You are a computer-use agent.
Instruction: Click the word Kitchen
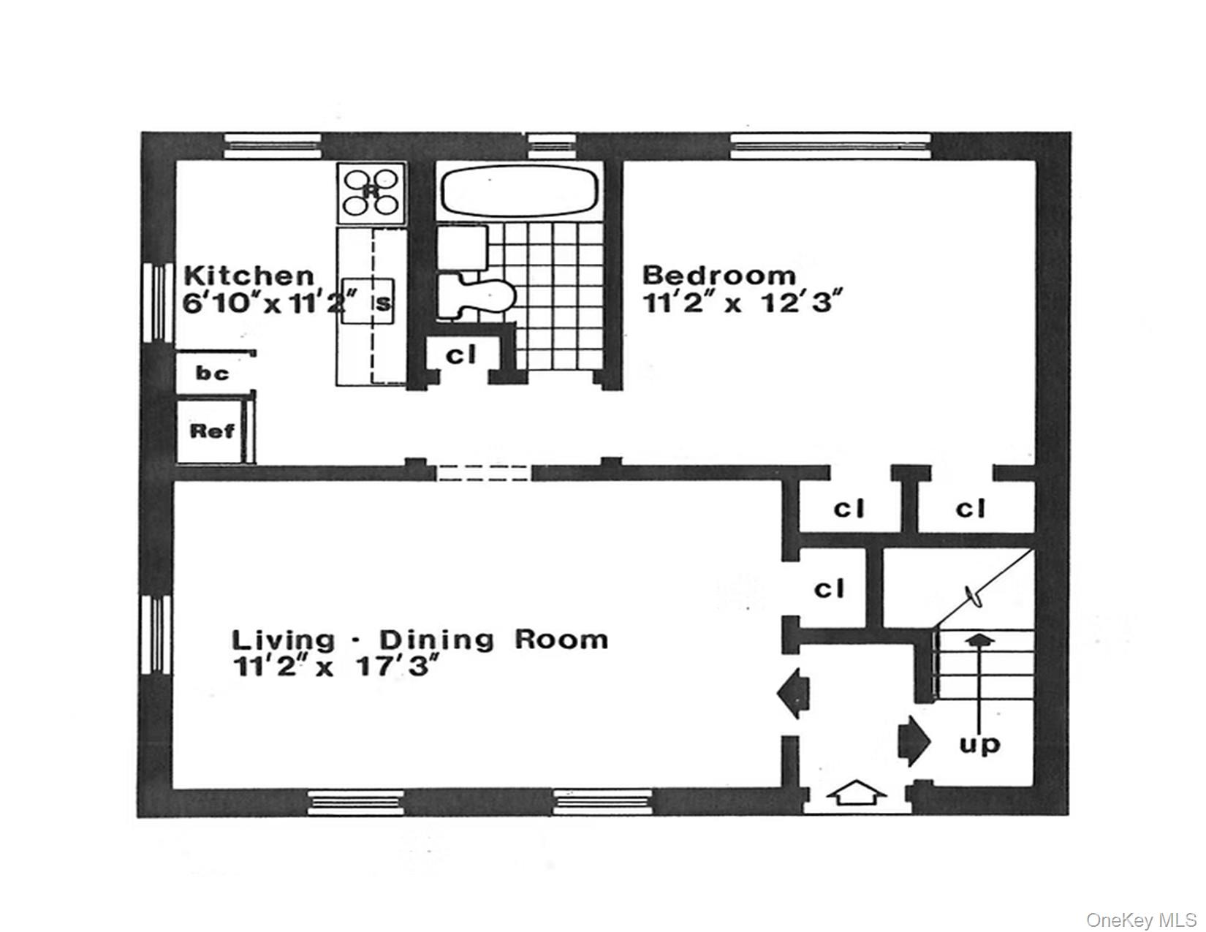249,276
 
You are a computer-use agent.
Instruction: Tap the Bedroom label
719,276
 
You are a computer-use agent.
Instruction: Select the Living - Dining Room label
420,640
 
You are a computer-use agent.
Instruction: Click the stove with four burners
371,193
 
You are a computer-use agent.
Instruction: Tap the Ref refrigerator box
212,431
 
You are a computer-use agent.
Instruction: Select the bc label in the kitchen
212,374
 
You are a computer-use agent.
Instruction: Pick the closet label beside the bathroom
461,356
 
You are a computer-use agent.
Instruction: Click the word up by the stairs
979,745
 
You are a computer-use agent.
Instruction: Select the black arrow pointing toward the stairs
914,741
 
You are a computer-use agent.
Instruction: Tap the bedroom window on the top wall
830,145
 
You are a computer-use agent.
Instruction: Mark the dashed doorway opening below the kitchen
483,472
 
